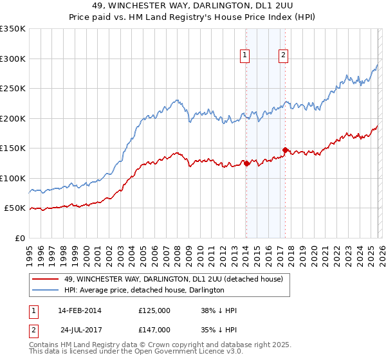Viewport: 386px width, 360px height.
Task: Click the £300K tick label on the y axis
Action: (13, 59)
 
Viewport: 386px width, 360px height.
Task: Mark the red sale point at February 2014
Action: (246, 163)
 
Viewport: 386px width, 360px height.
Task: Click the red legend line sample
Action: (46, 279)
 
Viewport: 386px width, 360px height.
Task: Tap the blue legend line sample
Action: (46, 290)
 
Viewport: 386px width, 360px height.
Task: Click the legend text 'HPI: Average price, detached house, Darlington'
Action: (143, 290)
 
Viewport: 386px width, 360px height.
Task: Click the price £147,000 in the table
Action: (154, 329)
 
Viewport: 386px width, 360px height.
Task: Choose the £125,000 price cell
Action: (154, 310)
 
